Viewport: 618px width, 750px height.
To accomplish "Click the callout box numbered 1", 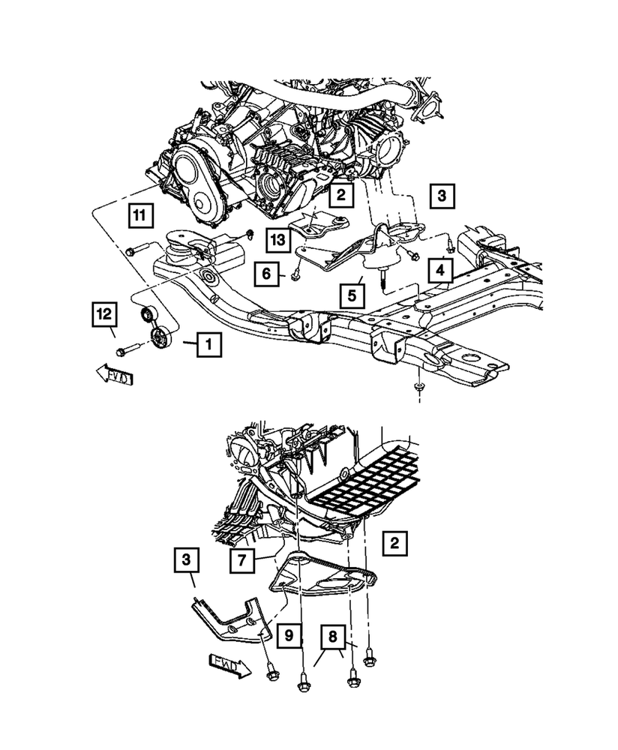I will (209, 346).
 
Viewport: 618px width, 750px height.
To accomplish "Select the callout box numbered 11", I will (138, 217).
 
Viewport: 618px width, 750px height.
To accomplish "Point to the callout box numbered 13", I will (277, 240).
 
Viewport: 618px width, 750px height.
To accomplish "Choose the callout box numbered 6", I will (266, 274).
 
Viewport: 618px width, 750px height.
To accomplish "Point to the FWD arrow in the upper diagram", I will (113, 375).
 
